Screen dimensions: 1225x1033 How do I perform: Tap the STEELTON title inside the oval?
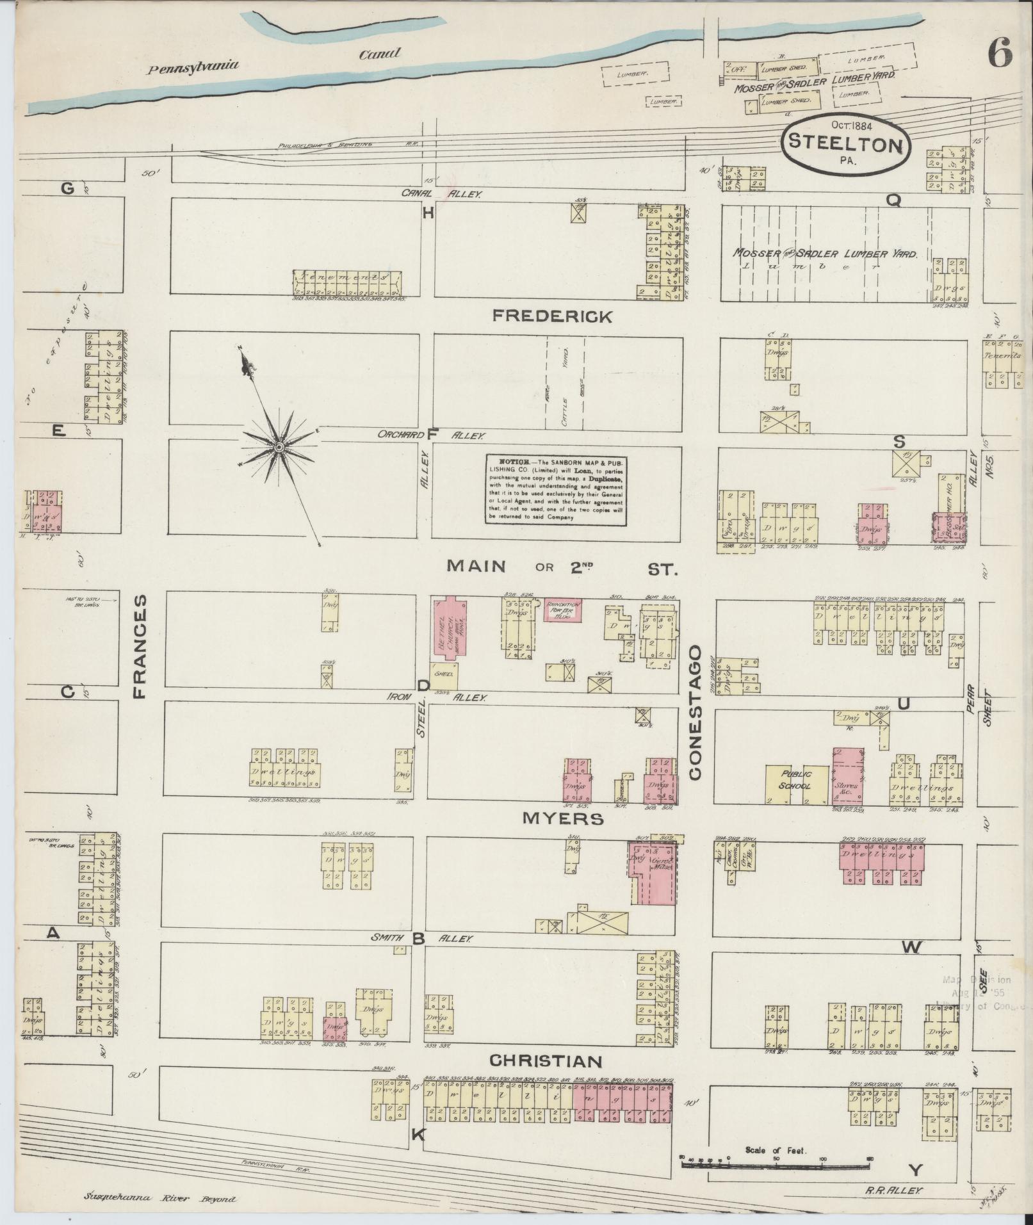[x=845, y=143]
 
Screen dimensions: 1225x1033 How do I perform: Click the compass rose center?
[x=279, y=446]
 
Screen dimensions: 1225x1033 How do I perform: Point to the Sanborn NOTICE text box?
[x=555, y=490]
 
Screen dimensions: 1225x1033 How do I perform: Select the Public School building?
[x=795, y=784]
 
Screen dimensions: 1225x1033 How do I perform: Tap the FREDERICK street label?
[x=552, y=316]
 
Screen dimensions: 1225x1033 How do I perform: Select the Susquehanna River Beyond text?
[x=159, y=1199]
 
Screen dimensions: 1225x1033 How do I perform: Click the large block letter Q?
[x=894, y=200]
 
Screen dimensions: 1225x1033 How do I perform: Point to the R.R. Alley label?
[x=893, y=1190]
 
